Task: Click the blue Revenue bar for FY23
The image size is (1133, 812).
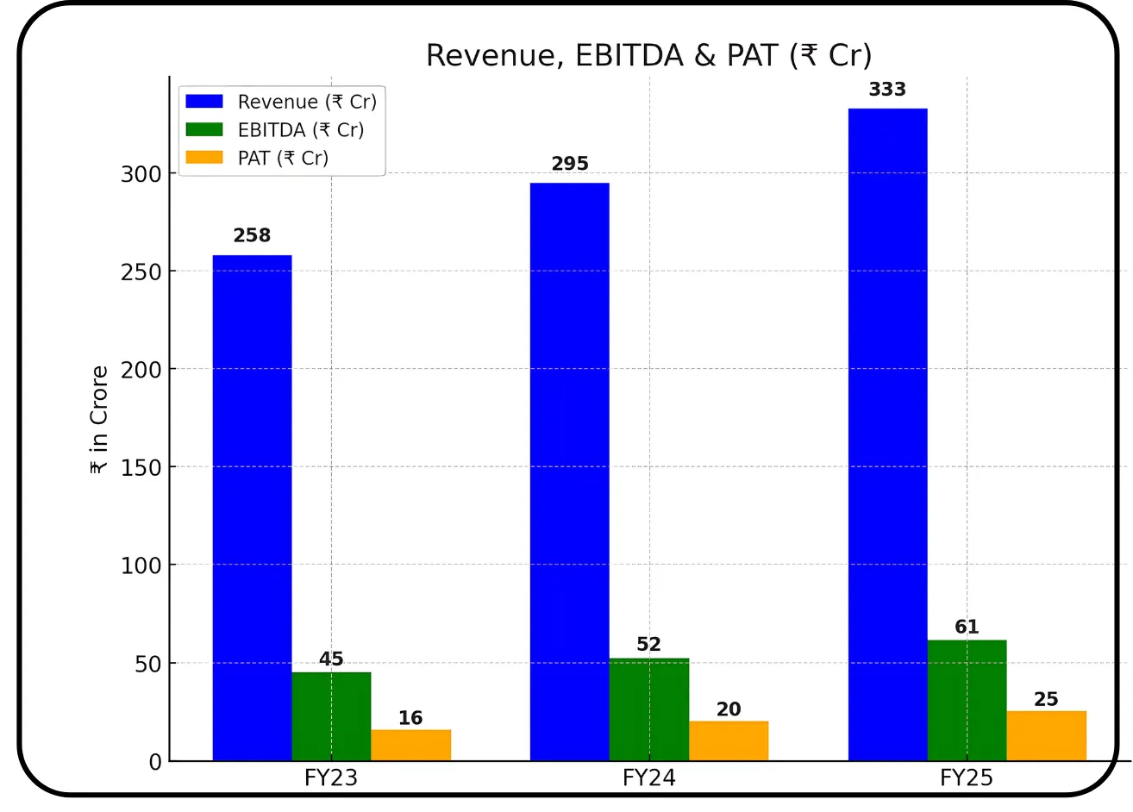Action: coord(252,508)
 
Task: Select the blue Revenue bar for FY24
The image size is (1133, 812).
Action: coord(569,472)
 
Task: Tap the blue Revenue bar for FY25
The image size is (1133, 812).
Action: coord(887,434)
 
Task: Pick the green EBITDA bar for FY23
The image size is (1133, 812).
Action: coord(331,716)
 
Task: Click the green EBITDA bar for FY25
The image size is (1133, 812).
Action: coord(967,700)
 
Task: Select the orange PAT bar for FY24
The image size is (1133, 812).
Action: coord(729,740)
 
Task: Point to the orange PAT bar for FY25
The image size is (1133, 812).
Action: coord(1046,735)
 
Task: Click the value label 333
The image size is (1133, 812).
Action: coord(887,90)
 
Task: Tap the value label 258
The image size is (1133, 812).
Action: coord(252,235)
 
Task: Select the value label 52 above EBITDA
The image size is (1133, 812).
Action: coord(648,644)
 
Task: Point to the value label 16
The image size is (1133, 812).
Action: coord(410,717)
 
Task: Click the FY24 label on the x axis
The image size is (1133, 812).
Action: coord(648,778)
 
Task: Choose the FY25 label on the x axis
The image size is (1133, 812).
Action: coord(966,778)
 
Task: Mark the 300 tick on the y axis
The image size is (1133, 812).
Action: coord(141,174)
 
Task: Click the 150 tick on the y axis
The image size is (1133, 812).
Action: coord(141,468)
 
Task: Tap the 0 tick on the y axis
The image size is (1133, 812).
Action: coord(155,762)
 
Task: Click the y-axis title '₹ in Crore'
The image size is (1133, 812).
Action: coord(99,420)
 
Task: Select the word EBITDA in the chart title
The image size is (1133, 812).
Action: coord(629,55)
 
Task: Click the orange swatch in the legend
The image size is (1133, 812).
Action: coord(204,158)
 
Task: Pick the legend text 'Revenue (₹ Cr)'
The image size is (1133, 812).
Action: coord(307,102)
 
